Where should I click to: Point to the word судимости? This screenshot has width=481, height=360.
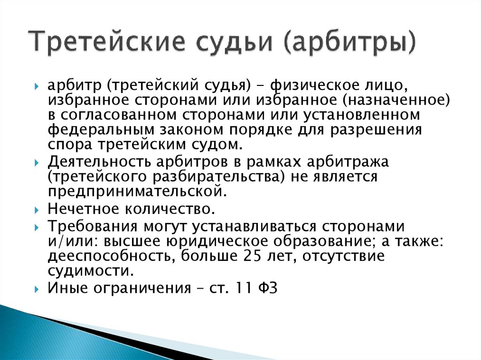click(x=87, y=271)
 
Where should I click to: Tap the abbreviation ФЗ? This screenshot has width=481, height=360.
click(x=268, y=288)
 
